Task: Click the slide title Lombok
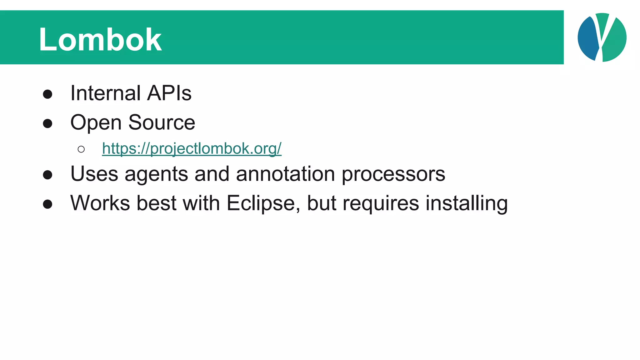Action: [100, 39]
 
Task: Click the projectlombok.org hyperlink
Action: [192, 148]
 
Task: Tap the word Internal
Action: [105, 93]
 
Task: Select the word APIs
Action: [169, 93]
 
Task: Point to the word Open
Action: [96, 123]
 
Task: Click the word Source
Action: [162, 122]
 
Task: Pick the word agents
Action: [156, 174]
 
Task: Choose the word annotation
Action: [285, 174]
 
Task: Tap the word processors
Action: [393, 174]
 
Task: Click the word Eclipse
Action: [263, 203]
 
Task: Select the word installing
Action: [467, 203]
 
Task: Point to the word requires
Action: [381, 203]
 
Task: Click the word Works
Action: [100, 203]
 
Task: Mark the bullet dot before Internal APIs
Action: [47, 94]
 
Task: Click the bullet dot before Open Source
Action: [47, 123]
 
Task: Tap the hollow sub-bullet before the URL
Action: [81, 149]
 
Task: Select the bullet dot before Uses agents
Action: [47, 175]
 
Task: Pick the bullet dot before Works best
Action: [47, 204]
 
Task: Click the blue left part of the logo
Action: [587, 39]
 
